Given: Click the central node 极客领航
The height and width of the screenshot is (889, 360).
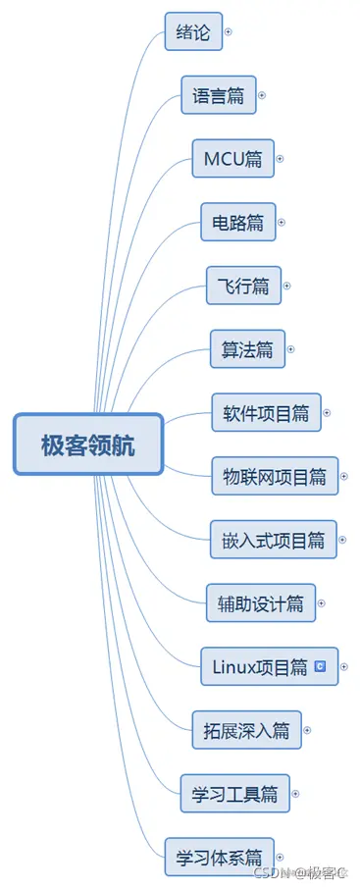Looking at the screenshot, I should (x=88, y=444).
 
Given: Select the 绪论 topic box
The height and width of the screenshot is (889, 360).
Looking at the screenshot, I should (x=193, y=31).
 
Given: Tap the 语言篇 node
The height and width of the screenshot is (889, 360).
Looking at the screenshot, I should (x=219, y=95).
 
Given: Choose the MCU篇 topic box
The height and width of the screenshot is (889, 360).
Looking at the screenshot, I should (x=231, y=158).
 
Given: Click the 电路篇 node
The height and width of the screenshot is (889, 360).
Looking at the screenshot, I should (x=237, y=223).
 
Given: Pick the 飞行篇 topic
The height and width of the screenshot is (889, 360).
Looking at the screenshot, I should (x=243, y=287).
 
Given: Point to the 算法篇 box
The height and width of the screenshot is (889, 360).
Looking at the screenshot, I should (x=247, y=349).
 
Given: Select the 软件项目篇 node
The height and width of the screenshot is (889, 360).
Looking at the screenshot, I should (x=265, y=413).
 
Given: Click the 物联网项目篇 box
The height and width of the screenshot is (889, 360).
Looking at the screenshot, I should (x=275, y=477).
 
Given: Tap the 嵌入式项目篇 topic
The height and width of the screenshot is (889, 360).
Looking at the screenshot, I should (x=274, y=540).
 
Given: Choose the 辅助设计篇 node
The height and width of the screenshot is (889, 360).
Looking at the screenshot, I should (x=260, y=603).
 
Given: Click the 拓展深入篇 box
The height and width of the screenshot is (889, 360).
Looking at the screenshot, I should (x=246, y=730).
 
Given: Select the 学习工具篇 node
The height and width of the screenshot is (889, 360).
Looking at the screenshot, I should (x=234, y=793).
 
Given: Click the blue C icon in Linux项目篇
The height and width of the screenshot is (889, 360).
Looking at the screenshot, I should (x=320, y=666).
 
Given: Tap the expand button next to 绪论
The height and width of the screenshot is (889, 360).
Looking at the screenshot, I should (x=229, y=31).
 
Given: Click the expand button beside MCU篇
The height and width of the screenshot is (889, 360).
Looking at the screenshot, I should (x=280, y=158).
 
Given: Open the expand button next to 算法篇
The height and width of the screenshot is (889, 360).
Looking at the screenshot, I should (x=290, y=349).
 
